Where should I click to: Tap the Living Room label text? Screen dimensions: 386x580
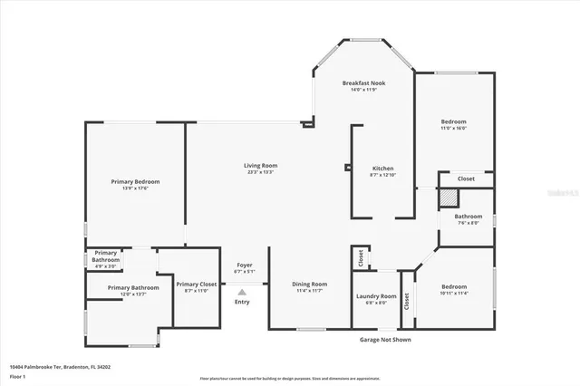coord(259,165)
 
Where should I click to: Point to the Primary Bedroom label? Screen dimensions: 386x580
coord(130,181)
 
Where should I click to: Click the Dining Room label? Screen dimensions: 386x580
coord(309,285)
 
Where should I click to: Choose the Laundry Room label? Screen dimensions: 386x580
coord(376,296)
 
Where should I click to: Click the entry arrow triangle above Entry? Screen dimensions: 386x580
coord(242,292)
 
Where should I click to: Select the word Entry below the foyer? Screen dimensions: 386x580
coord(242,302)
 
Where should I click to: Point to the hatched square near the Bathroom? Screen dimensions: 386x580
coord(447,198)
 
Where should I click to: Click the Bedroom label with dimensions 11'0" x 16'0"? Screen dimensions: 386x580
coord(453,121)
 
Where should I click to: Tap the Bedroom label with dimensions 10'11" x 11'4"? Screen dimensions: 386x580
coord(453,287)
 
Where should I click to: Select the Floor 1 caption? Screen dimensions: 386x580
coord(18,376)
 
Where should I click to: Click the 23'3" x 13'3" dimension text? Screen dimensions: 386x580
coord(259,172)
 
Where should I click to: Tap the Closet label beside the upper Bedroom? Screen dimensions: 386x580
coord(466,179)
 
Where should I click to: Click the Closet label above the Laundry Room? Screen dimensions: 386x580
coord(360,256)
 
